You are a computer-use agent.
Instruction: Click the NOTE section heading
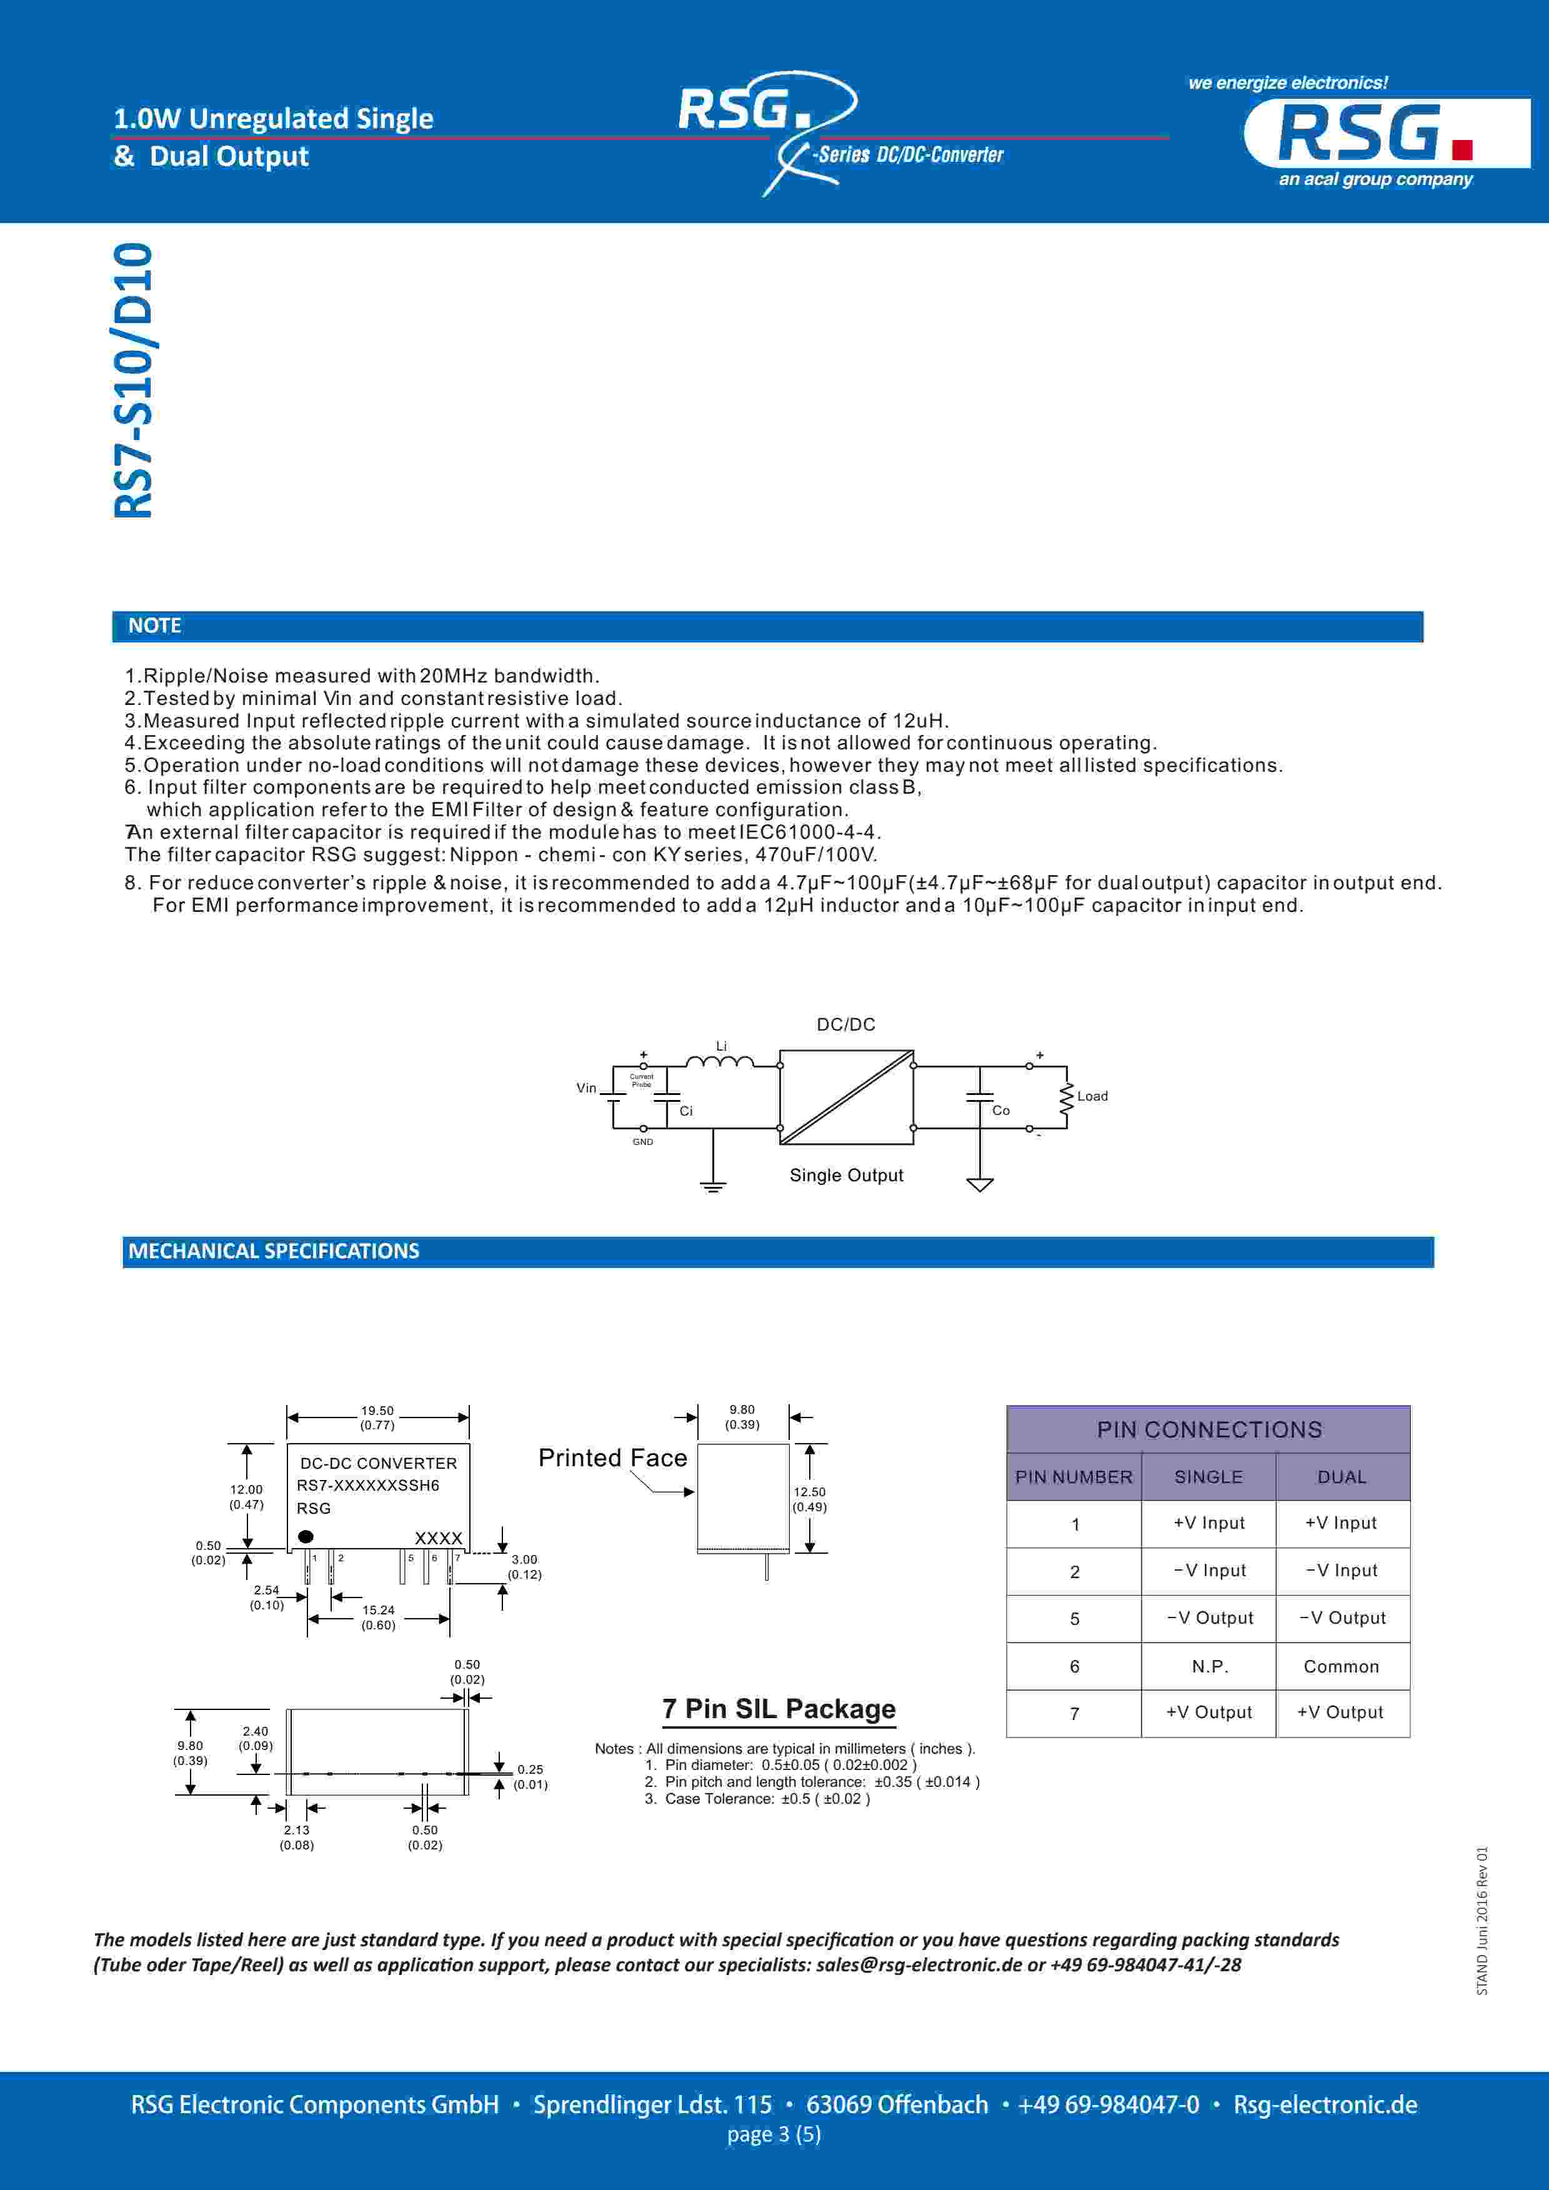(x=154, y=626)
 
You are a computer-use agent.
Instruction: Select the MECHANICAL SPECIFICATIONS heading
(x=274, y=1251)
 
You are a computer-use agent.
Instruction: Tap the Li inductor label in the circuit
(x=721, y=1046)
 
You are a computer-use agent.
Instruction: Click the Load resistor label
(x=1092, y=1096)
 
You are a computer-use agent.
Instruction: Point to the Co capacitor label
(x=1000, y=1110)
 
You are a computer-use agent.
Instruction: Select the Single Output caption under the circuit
(x=846, y=1175)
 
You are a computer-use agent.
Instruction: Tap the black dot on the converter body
(x=305, y=1537)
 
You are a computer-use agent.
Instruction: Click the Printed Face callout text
(x=612, y=1457)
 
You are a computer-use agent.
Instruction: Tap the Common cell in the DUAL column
(x=1341, y=1666)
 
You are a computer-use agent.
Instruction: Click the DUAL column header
(x=1341, y=1476)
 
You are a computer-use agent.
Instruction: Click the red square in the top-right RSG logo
(x=1462, y=150)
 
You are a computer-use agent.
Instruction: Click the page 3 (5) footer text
(x=774, y=2134)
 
